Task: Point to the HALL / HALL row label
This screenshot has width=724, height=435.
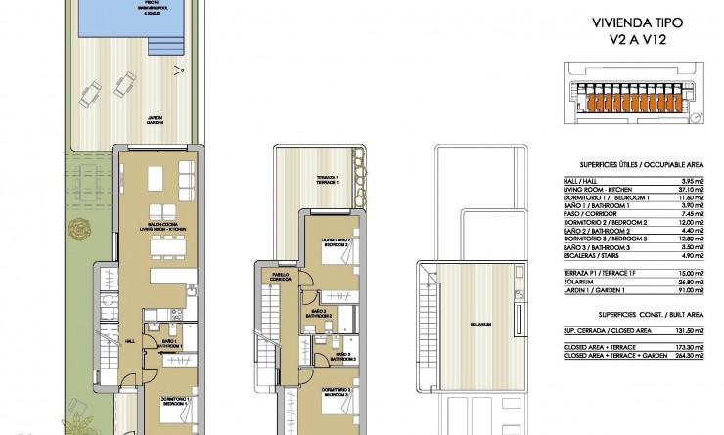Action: tap(582, 181)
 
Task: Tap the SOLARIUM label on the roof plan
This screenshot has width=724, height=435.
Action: tap(477, 324)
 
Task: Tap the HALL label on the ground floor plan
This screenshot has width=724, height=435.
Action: tap(130, 341)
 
